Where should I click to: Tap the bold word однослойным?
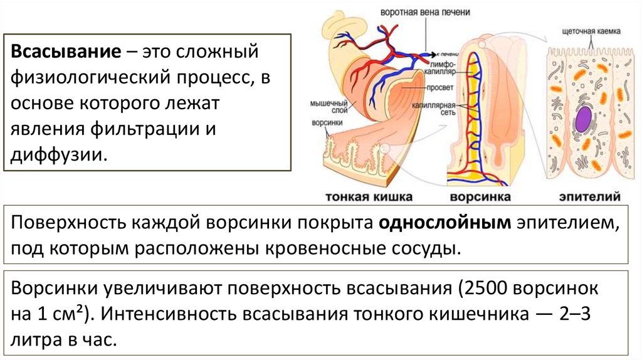444,223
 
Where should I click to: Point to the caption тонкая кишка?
368,197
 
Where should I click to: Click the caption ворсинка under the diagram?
480,197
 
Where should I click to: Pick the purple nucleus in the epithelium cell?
584,119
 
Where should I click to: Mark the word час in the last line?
99,341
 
